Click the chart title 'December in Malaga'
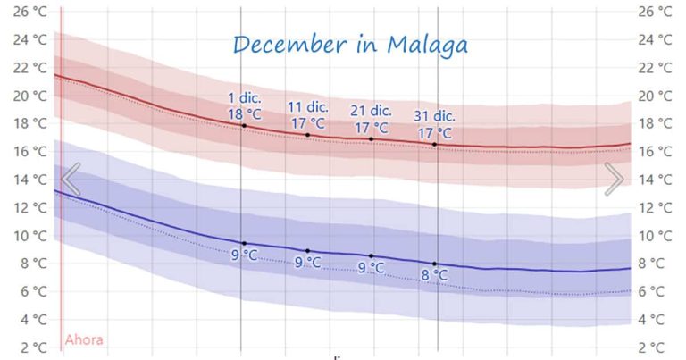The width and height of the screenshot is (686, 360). tap(350, 45)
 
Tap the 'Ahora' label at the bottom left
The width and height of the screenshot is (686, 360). tap(84, 339)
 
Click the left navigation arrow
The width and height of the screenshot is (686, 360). tap(71, 179)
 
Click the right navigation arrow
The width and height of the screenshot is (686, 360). tap(615, 179)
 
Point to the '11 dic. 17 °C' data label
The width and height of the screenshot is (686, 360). tap(307, 115)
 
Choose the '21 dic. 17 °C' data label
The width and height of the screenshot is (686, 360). tap(372, 119)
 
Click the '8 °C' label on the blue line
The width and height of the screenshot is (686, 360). tap(435, 276)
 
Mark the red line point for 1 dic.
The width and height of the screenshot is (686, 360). tap(244, 125)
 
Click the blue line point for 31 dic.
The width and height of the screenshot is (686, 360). tap(435, 264)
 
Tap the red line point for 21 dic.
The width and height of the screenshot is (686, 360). tap(372, 138)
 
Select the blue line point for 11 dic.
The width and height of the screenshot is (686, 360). tap(308, 251)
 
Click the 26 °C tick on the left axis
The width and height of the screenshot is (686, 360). tap(28, 12)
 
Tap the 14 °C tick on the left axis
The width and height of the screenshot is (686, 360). tap(28, 180)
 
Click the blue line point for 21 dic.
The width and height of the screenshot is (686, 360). tap(372, 255)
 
